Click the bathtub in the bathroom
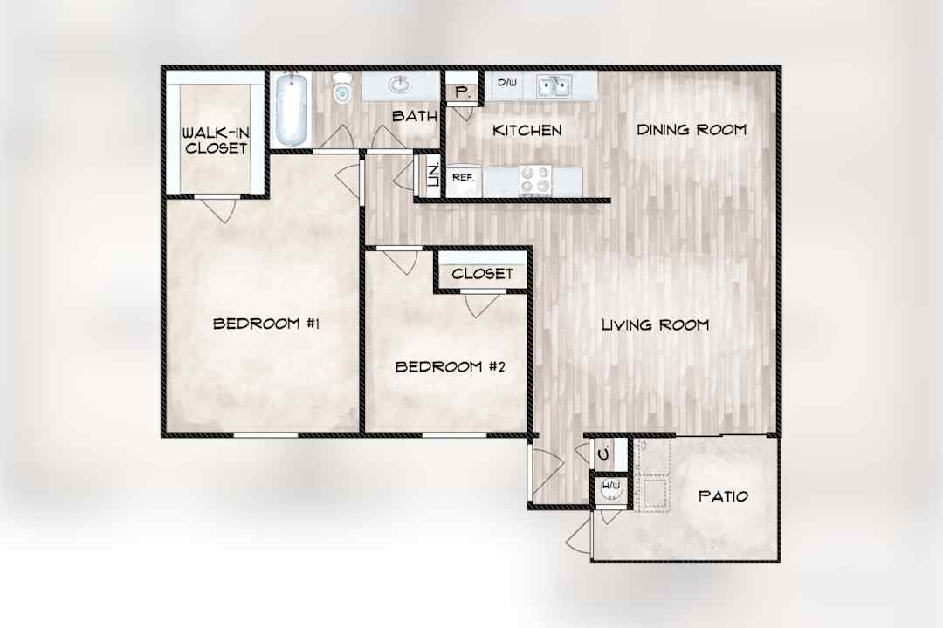click(x=291, y=109)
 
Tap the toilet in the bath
click(x=341, y=88)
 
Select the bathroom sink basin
click(x=399, y=85)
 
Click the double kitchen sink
click(x=554, y=86)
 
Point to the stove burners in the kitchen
click(x=535, y=180)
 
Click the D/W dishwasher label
click(x=506, y=82)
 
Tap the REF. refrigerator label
click(x=463, y=177)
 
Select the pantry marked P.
click(x=462, y=92)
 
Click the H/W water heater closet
click(x=610, y=490)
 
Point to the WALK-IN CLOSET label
click(x=216, y=140)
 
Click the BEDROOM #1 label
click(x=265, y=324)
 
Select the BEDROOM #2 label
click(x=450, y=366)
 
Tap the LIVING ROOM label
click(x=655, y=325)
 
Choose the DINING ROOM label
click(x=692, y=129)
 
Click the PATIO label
click(x=723, y=496)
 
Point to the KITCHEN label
click(x=527, y=130)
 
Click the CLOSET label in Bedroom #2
click(x=482, y=274)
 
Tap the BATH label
click(x=415, y=116)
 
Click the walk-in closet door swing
click(x=219, y=208)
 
